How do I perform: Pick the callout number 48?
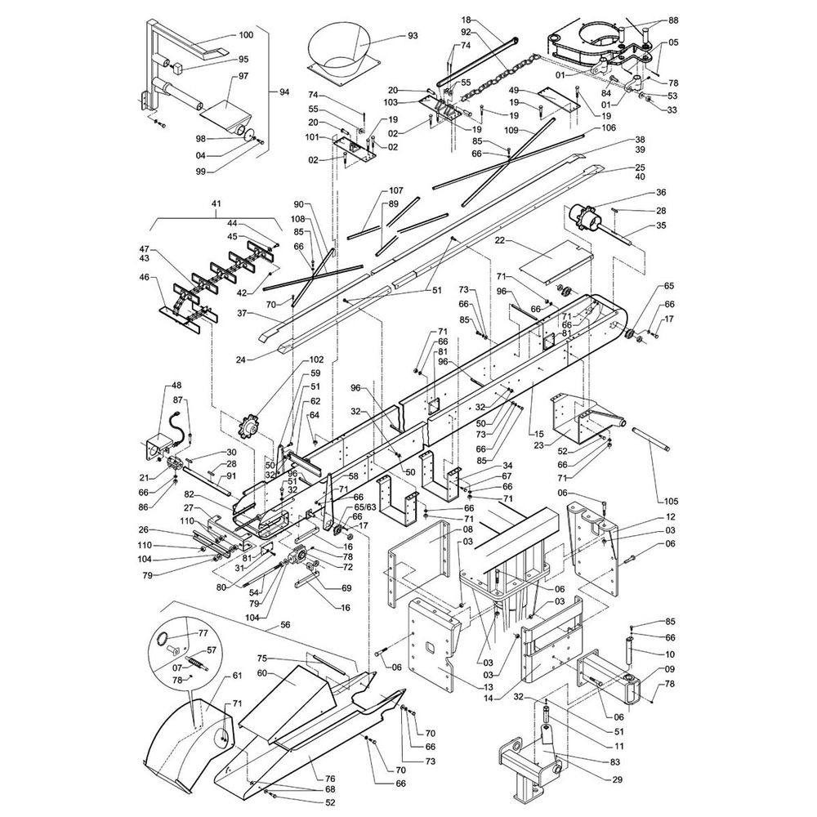pos(176,386)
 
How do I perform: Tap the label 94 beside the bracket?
pos(284,92)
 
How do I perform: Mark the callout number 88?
pos(672,20)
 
